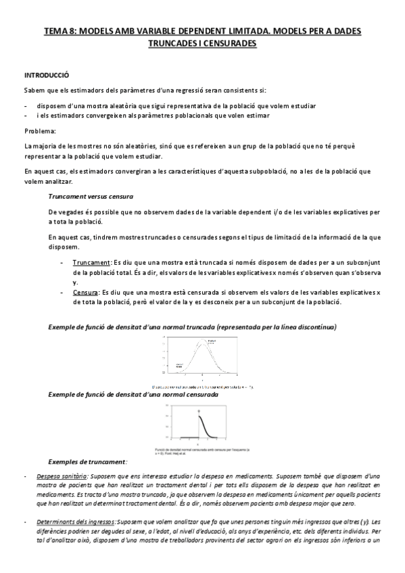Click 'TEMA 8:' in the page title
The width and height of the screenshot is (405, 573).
point(59,30)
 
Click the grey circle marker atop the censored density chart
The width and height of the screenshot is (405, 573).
point(199,410)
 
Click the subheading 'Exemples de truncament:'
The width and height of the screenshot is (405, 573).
point(88,462)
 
